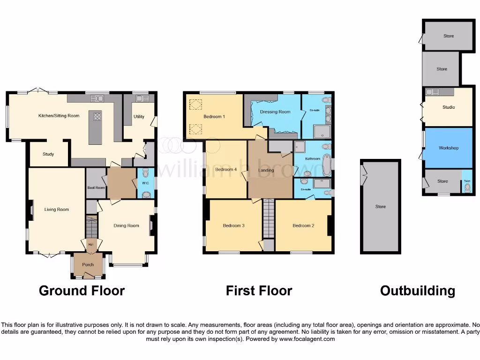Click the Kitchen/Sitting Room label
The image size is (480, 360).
point(59,116)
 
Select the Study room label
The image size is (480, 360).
point(48,154)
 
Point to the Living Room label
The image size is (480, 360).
point(57,210)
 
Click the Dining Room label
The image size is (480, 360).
point(127,225)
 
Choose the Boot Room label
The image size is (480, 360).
point(96,187)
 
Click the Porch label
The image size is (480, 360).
point(88,265)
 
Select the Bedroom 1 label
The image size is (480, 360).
point(215,116)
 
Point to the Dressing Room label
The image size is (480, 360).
point(275,112)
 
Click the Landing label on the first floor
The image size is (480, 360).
point(266,170)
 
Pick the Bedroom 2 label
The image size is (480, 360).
point(303,225)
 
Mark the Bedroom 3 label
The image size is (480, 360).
point(233,225)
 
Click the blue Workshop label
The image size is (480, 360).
point(449,148)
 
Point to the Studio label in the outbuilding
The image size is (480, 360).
point(449,107)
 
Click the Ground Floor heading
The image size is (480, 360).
point(82,291)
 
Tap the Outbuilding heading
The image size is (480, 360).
point(417,291)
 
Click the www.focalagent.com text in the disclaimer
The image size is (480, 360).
point(307,339)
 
